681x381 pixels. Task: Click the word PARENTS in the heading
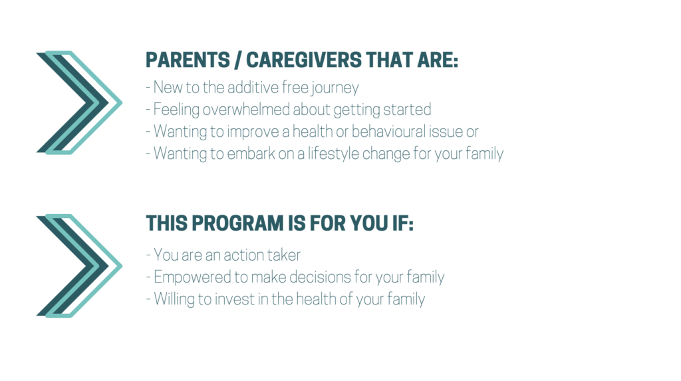(188, 60)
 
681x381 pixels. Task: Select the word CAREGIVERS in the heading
(303, 60)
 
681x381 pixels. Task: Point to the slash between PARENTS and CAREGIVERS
(237, 60)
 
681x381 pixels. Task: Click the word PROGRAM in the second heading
(237, 223)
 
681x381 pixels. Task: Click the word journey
(335, 88)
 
